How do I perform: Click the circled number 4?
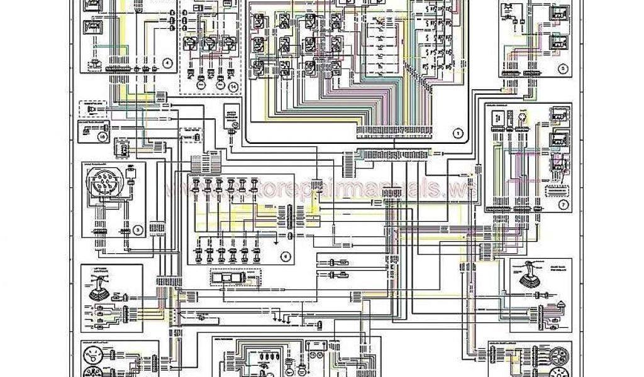click(167, 62)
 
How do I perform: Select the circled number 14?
click(233, 85)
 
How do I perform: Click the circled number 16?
click(103, 134)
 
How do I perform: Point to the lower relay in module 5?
click(557, 42)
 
